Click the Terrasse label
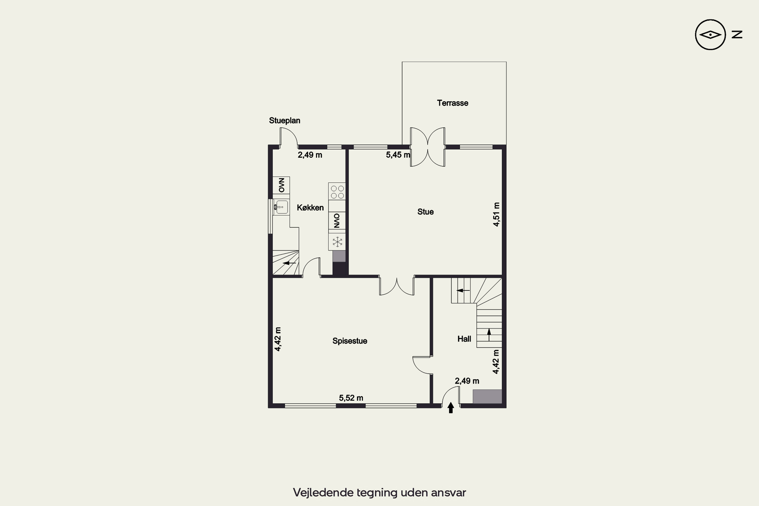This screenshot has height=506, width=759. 452,103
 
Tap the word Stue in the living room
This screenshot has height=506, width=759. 425,212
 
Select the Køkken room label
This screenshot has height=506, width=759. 310,207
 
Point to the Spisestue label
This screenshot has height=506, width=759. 350,341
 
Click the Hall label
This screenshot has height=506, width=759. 464,339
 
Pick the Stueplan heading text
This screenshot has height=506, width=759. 285,121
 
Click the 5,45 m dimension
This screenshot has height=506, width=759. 398,155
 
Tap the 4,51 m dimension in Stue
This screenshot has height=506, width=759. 496,214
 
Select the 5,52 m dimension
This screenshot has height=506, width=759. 351,398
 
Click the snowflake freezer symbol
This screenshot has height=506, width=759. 337,242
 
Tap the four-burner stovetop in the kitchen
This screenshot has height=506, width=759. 337,192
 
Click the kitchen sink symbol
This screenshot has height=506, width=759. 281,207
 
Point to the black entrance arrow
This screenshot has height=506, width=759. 451,408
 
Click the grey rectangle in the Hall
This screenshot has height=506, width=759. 487,396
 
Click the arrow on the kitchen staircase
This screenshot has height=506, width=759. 289,263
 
